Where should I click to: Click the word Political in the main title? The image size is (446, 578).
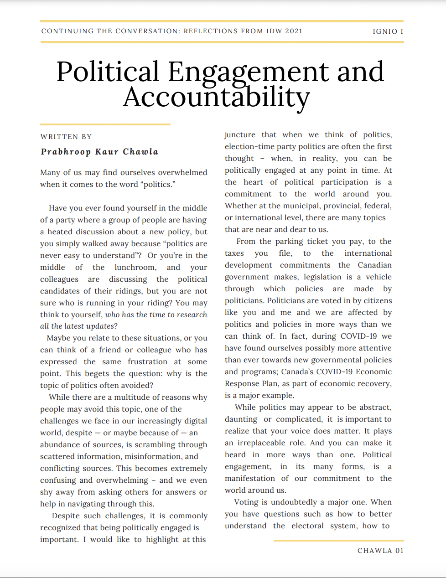[108, 72]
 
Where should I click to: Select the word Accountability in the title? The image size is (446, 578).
[216, 97]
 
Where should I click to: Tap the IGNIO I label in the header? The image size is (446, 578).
[388, 31]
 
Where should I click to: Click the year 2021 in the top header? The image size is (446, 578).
[294, 31]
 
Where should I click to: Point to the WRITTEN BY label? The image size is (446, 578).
[66, 137]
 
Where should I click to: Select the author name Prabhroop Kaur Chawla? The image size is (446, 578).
[99, 152]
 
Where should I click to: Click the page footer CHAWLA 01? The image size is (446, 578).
[380, 551]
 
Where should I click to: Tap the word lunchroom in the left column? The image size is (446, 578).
[135, 268]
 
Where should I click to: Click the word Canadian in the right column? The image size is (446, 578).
[374, 265]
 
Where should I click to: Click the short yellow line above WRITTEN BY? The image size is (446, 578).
[105, 124]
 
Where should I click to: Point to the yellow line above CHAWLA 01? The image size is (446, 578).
[338, 541]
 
